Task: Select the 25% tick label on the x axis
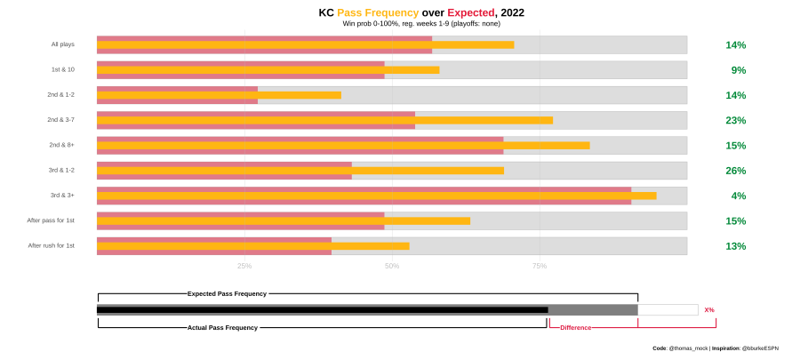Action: [x=244, y=266]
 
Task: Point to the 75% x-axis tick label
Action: [x=540, y=266]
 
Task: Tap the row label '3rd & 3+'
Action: [x=62, y=196]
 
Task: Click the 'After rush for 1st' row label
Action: [x=51, y=246]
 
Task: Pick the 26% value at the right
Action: [x=736, y=171]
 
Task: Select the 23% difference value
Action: [x=736, y=120]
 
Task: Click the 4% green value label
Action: [x=739, y=196]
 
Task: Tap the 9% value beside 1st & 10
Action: [x=739, y=70]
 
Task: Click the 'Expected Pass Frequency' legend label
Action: [x=227, y=293]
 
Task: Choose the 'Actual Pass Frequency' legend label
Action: [x=222, y=328]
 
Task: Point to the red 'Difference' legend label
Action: [x=575, y=328]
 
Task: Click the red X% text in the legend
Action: [x=709, y=310]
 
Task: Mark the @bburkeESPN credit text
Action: [x=760, y=348]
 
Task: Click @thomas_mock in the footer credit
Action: [x=688, y=348]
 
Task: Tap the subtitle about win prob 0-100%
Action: [x=421, y=24]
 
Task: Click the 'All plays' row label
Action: [x=63, y=44]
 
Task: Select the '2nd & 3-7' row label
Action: [x=60, y=120]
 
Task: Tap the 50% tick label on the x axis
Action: [x=392, y=266]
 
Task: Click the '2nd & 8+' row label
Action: [x=61, y=145]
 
